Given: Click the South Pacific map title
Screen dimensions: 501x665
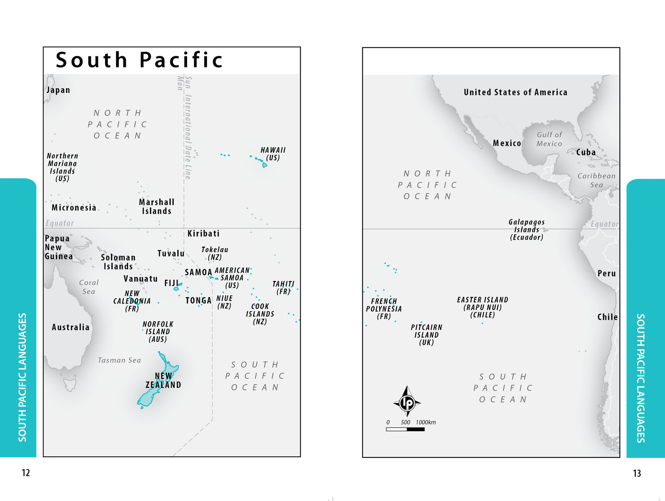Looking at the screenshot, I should [x=139, y=60].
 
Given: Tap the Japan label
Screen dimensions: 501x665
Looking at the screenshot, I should [x=59, y=90].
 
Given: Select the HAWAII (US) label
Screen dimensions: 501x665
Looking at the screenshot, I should [x=273, y=154].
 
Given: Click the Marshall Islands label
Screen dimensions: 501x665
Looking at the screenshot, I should [x=156, y=206].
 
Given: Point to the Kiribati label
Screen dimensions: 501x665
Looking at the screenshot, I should [x=203, y=233].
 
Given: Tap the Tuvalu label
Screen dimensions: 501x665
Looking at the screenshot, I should [x=171, y=253].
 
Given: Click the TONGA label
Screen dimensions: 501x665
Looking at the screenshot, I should [x=198, y=300].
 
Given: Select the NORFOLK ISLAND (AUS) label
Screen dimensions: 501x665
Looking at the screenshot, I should [x=158, y=331].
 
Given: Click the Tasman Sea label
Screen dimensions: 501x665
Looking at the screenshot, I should [x=119, y=360].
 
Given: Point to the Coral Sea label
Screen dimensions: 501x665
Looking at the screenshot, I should [x=89, y=287].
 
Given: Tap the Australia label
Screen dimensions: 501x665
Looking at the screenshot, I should [x=70, y=327].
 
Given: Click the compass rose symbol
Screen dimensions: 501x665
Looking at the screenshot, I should [x=407, y=402].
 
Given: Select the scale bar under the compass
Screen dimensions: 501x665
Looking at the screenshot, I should [x=405, y=429].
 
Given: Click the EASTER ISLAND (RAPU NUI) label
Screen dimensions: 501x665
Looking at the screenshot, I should [x=482, y=307].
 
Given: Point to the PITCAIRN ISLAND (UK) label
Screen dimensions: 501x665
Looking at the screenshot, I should [x=426, y=335].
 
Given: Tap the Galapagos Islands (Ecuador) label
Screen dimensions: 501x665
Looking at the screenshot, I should [x=526, y=229].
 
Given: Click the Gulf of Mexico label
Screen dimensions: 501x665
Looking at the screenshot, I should [x=549, y=139].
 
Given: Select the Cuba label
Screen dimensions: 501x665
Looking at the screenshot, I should [x=586, y=152].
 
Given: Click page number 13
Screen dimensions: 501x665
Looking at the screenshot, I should [x=637, y=473].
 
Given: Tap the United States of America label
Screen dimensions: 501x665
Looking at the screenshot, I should [x=515, y=92].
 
